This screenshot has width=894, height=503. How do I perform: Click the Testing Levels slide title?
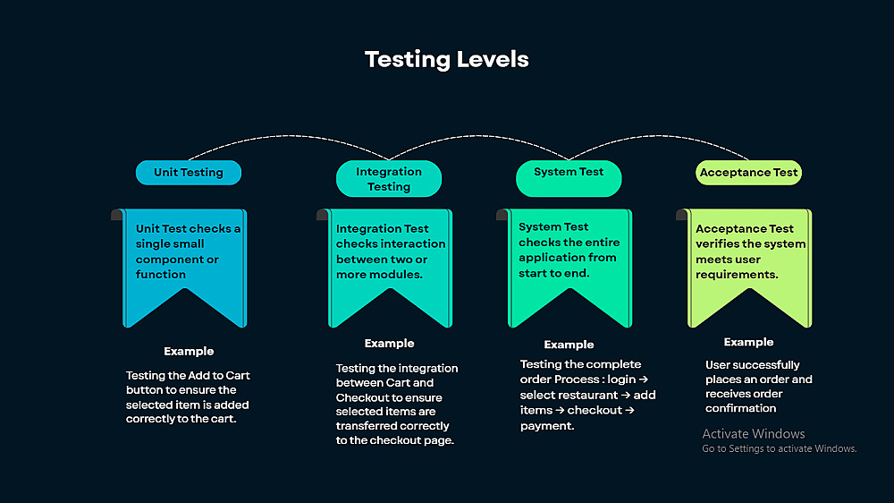click(446, 60)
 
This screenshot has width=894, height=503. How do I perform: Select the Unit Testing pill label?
click(188, 173)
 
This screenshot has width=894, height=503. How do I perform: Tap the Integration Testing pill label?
click(389, 179)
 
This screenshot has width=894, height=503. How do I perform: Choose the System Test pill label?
click(569, 172)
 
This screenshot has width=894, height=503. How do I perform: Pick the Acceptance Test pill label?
click(748, 173)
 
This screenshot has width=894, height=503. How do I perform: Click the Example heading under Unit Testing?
click(189, 352)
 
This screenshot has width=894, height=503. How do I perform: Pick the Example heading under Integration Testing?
click(389, 344)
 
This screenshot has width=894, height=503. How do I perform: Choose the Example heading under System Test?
click(569, 345)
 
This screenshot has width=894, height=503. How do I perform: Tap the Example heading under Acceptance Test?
click(748, 342)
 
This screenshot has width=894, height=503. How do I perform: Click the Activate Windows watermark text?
click(754, 434)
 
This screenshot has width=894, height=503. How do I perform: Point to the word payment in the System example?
click(546, 426)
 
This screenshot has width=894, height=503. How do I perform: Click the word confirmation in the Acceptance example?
click(740, 408)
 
